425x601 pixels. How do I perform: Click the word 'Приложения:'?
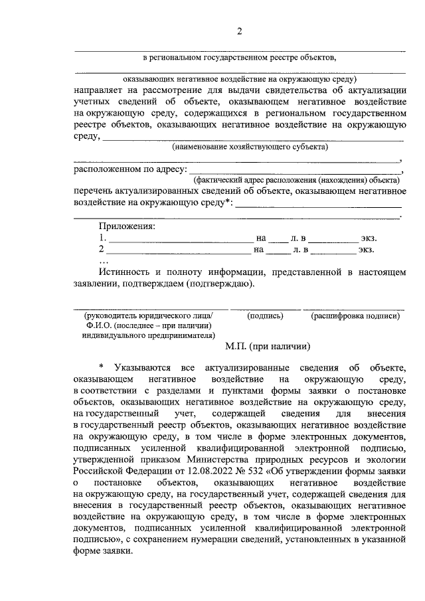[x=127, y=226]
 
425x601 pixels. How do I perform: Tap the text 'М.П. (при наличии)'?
[x=268, y=346]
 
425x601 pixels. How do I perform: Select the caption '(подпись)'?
[x=266, y=317]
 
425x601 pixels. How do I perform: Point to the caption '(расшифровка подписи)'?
[x=355, y=317]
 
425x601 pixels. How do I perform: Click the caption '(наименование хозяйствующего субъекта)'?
[x=250, y=147]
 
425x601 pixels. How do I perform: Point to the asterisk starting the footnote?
[x=101, y=367]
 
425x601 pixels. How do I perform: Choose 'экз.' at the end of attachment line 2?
[x=367, y=250]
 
